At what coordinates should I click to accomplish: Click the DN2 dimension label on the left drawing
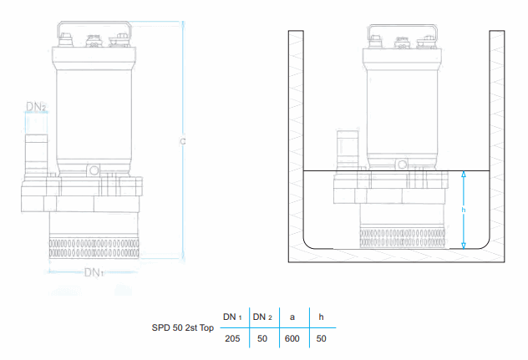(x=36, y=107)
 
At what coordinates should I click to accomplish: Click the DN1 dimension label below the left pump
(x=94, y=272)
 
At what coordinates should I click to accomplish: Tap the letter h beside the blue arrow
(x=464, y=210)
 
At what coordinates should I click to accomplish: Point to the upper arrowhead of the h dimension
(x=464, y=174)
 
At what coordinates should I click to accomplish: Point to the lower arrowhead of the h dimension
(x=464, y=246)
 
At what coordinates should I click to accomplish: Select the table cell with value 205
(x=232, y=338)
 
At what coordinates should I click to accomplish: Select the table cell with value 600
(x=292, y=338)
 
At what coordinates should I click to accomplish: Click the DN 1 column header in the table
(x=232, y=317)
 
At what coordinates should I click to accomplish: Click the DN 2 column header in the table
(x=262, y=317)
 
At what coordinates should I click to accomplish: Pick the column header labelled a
(x=292, y=317)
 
